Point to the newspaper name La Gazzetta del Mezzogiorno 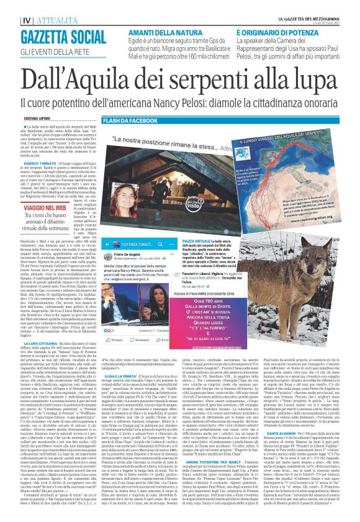(x=301, y=4)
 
